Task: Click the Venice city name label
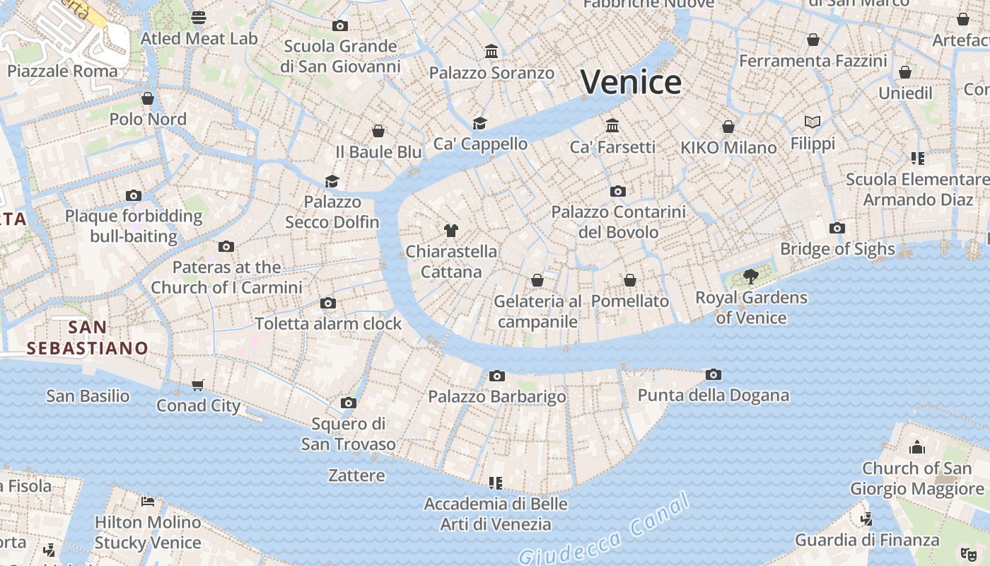[x=631, y=83]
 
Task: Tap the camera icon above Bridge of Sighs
[x=837, y=228]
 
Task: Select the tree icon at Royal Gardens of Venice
[x=751, y=277]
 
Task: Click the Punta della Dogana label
[x=714, y=395]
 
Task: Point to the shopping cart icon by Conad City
[x=198, y=386]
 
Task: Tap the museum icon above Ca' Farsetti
[x=612, y=126]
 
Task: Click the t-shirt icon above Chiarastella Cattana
[x=451, y=231]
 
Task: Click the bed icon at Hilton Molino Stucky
[x=148, y=502]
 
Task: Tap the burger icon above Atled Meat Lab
[x=199, y=17]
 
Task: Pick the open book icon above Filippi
[x=813, y=122]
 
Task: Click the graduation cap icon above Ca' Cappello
[x=480, y=123]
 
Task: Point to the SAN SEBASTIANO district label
[x=88, y=337]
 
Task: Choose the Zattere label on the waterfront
[x=356, y=475]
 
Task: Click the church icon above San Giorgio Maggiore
[x=917, y=447]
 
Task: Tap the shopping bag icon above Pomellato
[x=630, y=281]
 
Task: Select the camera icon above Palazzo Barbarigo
[x=497, y=376]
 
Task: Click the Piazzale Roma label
[x=62, y=71]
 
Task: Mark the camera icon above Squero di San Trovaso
[x=348, y=403]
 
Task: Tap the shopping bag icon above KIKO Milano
[x=728, y=127]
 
